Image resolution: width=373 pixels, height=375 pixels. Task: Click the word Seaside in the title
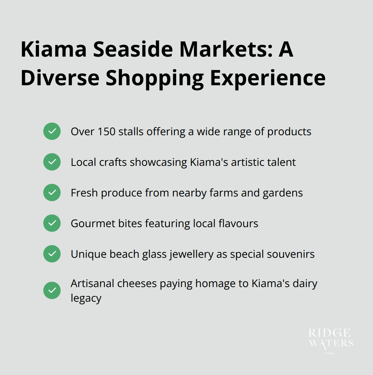pyautogui.click(x=133, y=49)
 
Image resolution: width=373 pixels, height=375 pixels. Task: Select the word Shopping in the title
pyautogui.click(x=155, y=78)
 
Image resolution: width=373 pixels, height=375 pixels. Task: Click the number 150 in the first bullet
pyautogui.click(x=106, y=132)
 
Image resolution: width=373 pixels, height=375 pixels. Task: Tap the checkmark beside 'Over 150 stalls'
pyautogui.click(x=52, y=131)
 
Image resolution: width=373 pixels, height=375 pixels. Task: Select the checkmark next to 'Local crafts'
pyautogui.click(x=52, y=162)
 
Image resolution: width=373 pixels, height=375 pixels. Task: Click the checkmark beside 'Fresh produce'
pyautogui.click(x=52, y=192)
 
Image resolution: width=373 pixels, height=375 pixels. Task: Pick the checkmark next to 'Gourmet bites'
pyautogui.click(x=52, y=223)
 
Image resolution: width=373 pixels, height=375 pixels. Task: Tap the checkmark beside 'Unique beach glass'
pyautogui.click(x=52, y=254)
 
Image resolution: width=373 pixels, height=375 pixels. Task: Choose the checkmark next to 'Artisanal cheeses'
pyautogui.click(x=52, y=290)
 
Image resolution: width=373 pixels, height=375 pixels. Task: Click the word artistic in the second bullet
pyautogui.click(x=246, y=162)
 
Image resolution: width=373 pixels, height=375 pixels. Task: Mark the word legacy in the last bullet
pyautogui.click(x=86, y=298)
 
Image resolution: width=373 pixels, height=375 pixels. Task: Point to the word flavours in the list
pyautogui.click(x=238, y=223)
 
